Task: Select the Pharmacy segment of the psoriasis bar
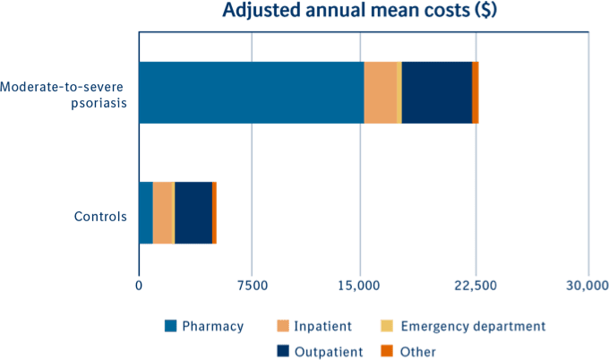[251, 92]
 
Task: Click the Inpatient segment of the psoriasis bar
[381, 92]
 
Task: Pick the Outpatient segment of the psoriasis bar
[436, 92]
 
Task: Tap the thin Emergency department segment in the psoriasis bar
[399, 92]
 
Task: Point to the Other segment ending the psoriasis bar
[476, 92]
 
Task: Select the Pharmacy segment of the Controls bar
[145, 212]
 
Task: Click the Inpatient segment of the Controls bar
[162, 212]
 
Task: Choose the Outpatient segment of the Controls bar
[193, 212]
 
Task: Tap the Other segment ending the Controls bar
[214, 212]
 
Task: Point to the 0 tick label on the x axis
[139, 286]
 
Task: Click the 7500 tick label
[252, 286]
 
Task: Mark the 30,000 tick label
[587, 286]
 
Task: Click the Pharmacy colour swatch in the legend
[169, 326]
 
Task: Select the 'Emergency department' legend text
[473, 326]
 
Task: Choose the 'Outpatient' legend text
[330, 351]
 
